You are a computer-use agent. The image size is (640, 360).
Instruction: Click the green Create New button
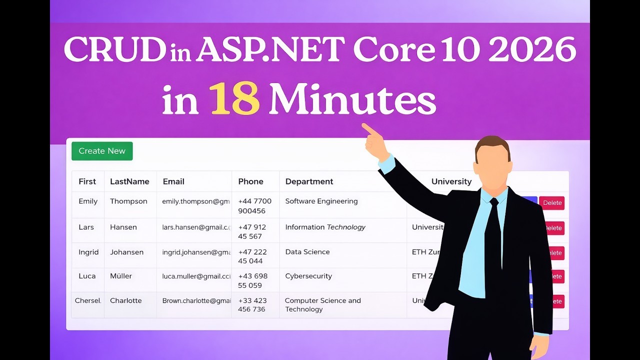click(x=102, y=151)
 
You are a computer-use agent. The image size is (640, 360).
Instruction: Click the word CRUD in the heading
click(x=114, y=50)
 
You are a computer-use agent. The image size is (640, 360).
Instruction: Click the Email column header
click(x=173, y=181)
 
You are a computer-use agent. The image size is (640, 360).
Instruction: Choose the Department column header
click(x=309, y=181)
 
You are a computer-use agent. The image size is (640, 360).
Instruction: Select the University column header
click(x=451, y=181)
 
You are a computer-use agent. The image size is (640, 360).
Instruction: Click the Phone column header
click(x=250, y=181)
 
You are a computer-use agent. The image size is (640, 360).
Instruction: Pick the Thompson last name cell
click(x=128, y=201)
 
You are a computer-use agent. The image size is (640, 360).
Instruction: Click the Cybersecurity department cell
click(x=308, y=276)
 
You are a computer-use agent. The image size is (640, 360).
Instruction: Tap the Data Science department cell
click(x=307, y=252)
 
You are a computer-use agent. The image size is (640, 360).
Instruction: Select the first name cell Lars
click(x=86, y=227)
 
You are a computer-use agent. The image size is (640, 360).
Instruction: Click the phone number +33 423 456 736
click(x=252, y=305)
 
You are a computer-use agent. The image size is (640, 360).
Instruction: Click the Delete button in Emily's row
click(x=552, y=203)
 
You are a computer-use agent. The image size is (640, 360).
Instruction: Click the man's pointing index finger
click(x=368, y=129)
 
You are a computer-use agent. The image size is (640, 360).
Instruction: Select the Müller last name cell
click(x=121, y=276)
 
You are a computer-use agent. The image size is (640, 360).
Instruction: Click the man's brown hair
click(x=492, y=144)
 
